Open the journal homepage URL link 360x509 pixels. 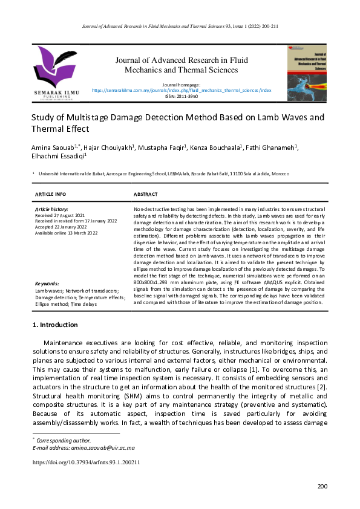pyautogui.click(x=182, y=90)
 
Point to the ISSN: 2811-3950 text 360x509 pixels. pyautogui.click(x=182, y=96)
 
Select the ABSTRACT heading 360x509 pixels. pyautogui.click(x=145, y=194)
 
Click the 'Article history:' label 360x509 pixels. pyautogui.click(x=51, y=209)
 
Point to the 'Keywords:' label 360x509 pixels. pyautogui.click(x=47, y=283)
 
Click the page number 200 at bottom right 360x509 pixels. pyautogui.click(x=322, y=486)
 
